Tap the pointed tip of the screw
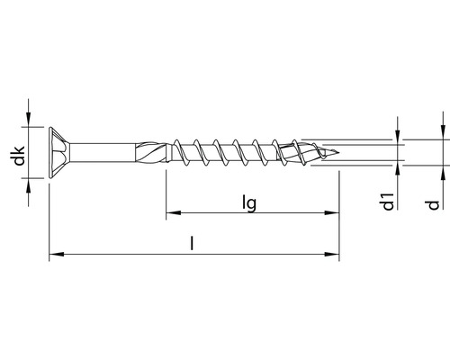337,151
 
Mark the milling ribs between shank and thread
149,151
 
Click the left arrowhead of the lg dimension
171,214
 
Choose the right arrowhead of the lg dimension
334,214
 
